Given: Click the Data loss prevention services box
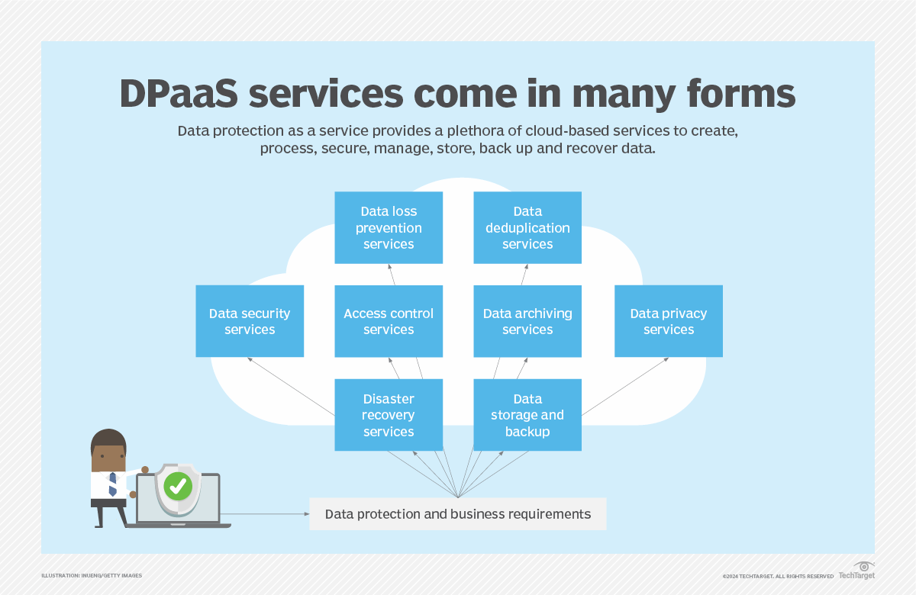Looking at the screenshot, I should (x=389, y=227).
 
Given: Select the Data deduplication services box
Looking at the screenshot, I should (x=527, y=227).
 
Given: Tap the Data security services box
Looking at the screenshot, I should (x=250, y=321).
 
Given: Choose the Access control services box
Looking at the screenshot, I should (x=389, y=321).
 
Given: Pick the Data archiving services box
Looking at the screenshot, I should (x=527, y=321).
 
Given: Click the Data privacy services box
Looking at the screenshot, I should (x=668, y=321).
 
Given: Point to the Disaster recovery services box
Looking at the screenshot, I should (x=389, y=415).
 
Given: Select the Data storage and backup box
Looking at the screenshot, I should (x=527, y=415).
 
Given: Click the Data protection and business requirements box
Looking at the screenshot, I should (x=457, y=514).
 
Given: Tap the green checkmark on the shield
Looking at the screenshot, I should (x=178, y=486).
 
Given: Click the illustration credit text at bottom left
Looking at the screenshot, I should (x=92, y=575).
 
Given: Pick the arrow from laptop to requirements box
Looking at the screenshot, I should (x=267, y=514).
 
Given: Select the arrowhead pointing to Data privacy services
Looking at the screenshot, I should (x=666, y=359).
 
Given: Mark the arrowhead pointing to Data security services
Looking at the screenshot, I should (x=250, y=359).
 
